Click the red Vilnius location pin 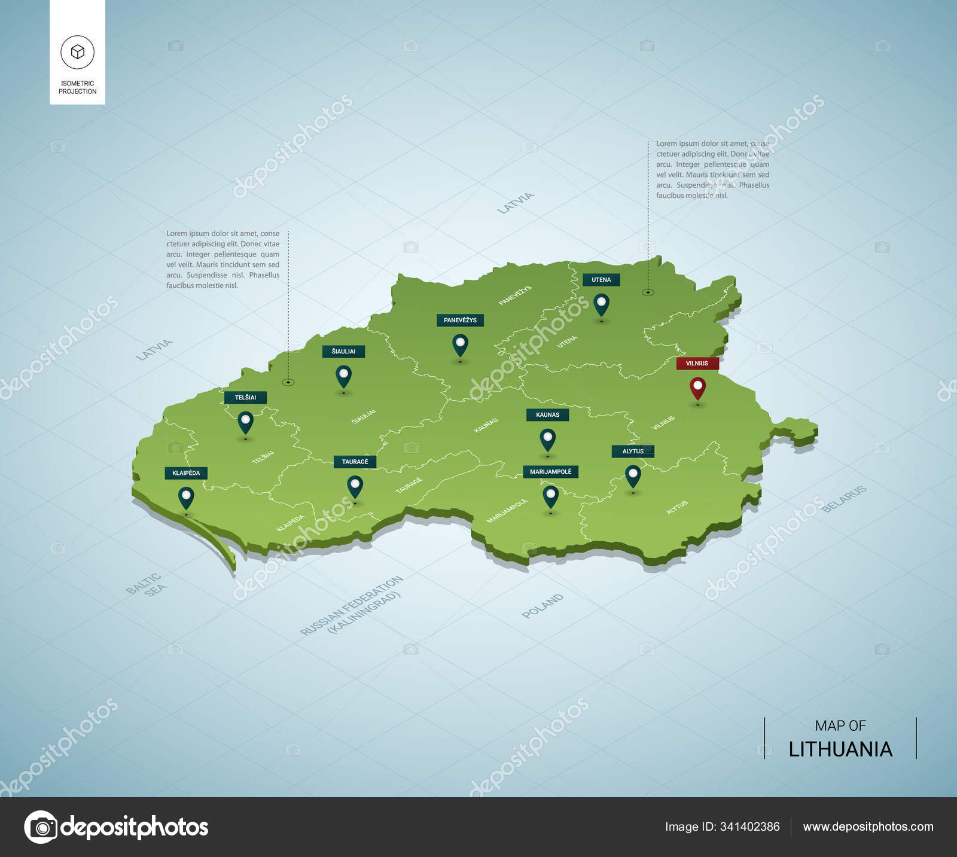point(697,387)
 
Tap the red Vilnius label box point(697,363)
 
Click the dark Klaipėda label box point(186,473)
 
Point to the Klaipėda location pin point(186,496)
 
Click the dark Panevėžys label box point(460,320)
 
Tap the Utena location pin point(601,303)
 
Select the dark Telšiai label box point(245,397)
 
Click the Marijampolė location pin point(550,495)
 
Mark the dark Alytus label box point(633,451)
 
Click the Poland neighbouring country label point(542,605)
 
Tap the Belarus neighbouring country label point(843,499)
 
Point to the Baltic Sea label point(146,584)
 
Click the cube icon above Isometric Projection point(77,52)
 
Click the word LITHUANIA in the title point(840,749)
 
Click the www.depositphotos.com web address point(868,826)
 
